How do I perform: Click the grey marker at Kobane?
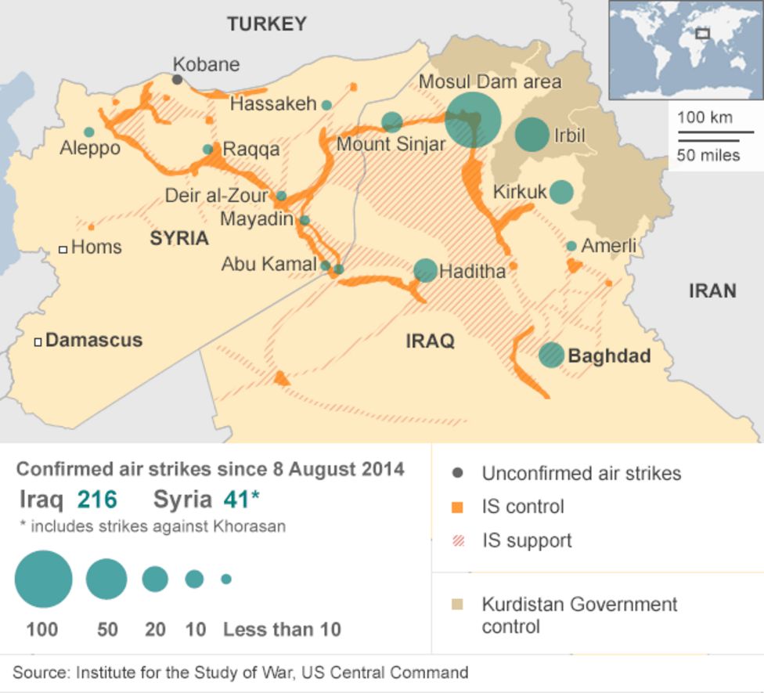(178, 80)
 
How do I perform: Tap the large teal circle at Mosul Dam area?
(473, 120)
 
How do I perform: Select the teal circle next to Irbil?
(532, 135)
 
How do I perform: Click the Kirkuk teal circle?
(561, 192)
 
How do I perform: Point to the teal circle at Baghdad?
(551, 355)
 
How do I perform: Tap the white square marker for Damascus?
(38, 341)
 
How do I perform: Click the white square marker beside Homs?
(63, 249)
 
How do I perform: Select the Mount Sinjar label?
(391, 145)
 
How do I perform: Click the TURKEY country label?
(267, 24)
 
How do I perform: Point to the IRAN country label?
(712, 291)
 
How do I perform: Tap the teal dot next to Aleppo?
(89, 132)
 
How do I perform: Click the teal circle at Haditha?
(425, 270)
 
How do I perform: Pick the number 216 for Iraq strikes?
(97, 500)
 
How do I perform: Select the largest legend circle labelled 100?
(43, 579)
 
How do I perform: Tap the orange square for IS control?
(458, 507)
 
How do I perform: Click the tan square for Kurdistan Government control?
(458, 605)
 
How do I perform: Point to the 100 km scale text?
(705, 118)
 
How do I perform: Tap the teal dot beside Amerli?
(571, 246)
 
